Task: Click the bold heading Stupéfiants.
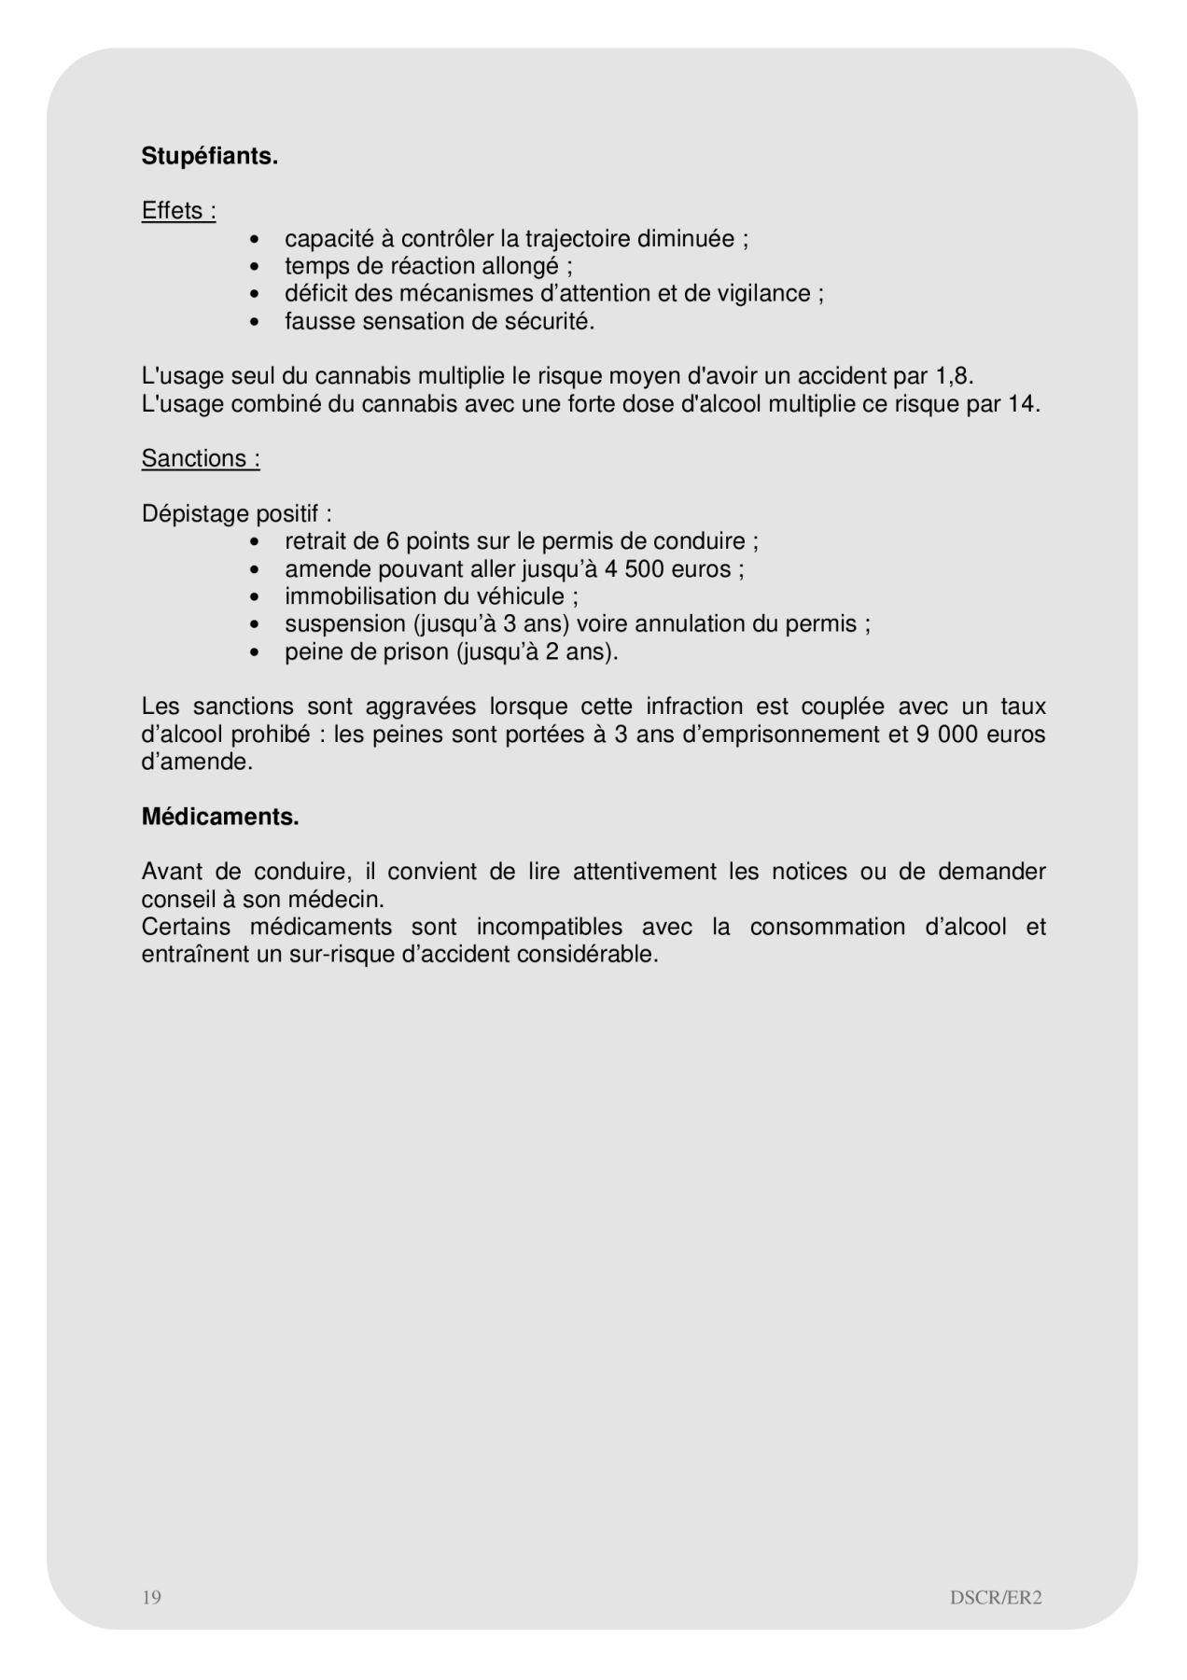[210, 157]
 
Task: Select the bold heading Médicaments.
[220, 818]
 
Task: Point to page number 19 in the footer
[151, 1597]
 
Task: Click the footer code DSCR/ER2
[996, 1597]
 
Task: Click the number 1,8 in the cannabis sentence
[952, 377]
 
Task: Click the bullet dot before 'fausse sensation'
[255, 322]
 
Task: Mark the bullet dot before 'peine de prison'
[255, 652]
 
